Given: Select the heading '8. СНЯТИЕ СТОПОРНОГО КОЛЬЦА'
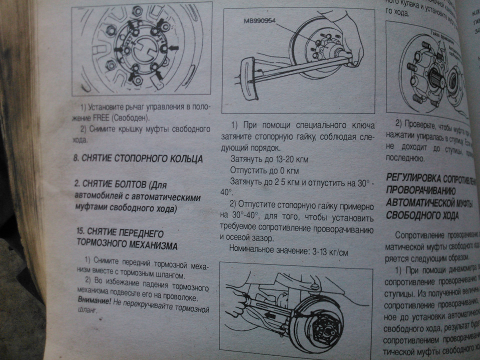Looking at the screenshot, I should click(137, 159).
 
